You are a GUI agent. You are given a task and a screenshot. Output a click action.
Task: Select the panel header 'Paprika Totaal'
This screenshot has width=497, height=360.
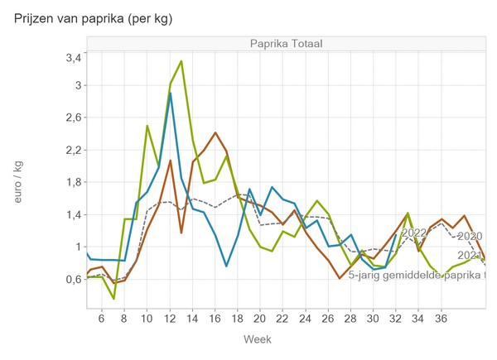[286, 44]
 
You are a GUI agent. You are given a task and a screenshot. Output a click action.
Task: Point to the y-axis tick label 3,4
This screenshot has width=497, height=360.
[73, 58]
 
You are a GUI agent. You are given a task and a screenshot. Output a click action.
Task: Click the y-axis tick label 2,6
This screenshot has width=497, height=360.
[73, 118]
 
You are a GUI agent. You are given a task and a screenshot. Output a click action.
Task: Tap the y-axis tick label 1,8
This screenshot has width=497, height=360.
[73, 182]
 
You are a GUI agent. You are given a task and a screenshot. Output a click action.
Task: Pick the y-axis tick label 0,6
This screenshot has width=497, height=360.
[73, 279]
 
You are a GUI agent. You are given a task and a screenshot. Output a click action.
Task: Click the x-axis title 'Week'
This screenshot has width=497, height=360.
[258, 339]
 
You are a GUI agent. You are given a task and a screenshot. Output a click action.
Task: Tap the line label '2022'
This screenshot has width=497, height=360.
[413, 233]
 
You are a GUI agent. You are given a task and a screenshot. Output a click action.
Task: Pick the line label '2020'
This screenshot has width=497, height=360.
[470, 236]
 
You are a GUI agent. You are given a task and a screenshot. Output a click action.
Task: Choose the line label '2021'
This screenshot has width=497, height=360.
[470, 256]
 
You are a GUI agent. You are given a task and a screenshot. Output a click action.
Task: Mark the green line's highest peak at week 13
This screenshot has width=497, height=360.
[181, 61]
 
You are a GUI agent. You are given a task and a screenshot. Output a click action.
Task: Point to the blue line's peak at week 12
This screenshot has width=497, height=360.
[170, 94]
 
